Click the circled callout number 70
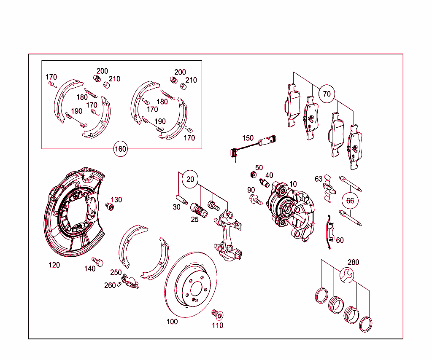click(327, 94)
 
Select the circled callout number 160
click(121, 149)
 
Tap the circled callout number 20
click(190, 180)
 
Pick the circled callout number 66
click(350, 201)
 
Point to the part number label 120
click(54, 265)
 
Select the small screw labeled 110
click(217, 314)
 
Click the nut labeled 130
click(110, 206)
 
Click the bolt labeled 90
click(255, 200)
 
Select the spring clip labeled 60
click(329, 231)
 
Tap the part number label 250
click(116, 272)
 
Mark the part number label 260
click(110, 285)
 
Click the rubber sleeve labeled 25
click(199, 210)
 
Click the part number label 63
click(319, 179)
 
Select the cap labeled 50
click(254, 174)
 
